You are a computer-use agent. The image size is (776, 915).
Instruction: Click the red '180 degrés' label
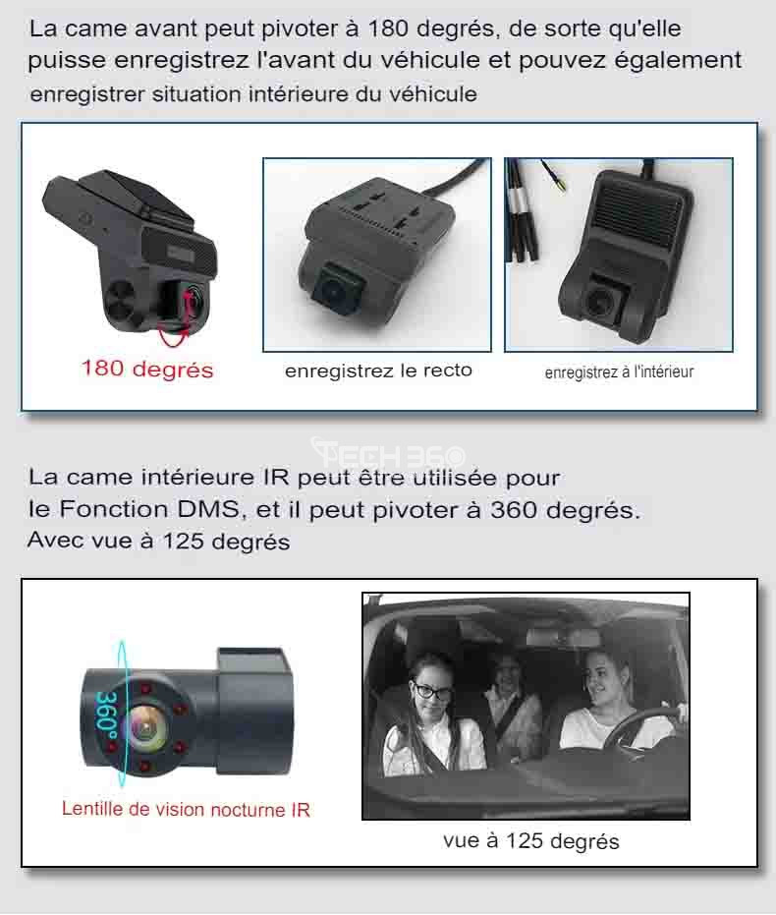(147, 370)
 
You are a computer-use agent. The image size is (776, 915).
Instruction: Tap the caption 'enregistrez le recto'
(378, 371)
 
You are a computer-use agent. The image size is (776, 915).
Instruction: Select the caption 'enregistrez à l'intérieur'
(619, 372)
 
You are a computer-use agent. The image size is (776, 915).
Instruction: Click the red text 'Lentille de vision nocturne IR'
(186, 810)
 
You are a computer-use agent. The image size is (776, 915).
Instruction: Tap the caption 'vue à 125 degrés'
(530, 841)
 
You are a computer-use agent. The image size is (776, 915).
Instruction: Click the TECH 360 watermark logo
(388, 453)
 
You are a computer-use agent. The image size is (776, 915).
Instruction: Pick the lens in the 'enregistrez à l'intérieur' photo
(599, 303)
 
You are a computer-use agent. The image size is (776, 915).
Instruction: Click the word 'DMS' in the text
(208, 509)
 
